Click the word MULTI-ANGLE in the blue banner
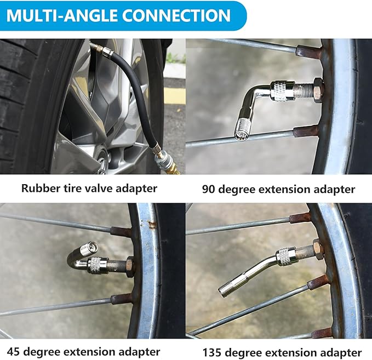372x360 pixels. click(60, 15)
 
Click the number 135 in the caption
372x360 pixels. click(213, 352)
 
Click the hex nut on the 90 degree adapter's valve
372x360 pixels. click(317, 88)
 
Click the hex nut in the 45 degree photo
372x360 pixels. click(129, 266)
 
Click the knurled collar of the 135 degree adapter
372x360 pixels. click(286, 255)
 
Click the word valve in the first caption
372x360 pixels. click(100, 188)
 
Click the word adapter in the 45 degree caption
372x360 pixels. click(139, 351)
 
